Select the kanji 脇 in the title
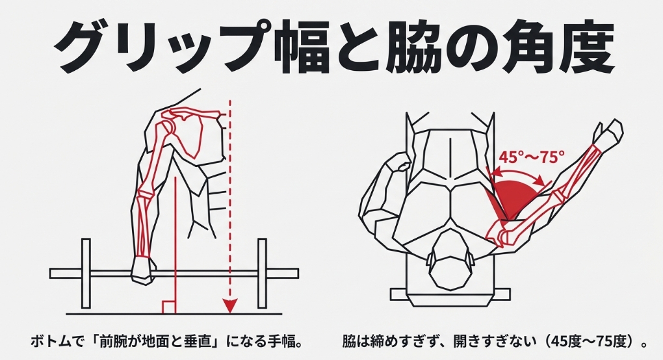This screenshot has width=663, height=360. pyautogui.click(x=415, y=47)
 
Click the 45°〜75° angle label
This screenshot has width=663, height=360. pyautogui.click(x=532, y=158)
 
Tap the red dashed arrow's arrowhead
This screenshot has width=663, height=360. pyautogui.click(x=229, y=305)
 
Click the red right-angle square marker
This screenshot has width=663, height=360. pyautogui.click(x=169, y=307)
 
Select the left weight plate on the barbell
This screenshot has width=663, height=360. pyautogui.click(x=86, y=273)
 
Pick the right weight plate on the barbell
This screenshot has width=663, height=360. pyautogui.click(x=262, y=273)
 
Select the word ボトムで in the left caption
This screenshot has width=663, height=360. pyautogui.click(x=56, y=341)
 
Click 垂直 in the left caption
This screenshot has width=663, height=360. pyautogui.click(x=198, y=341)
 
